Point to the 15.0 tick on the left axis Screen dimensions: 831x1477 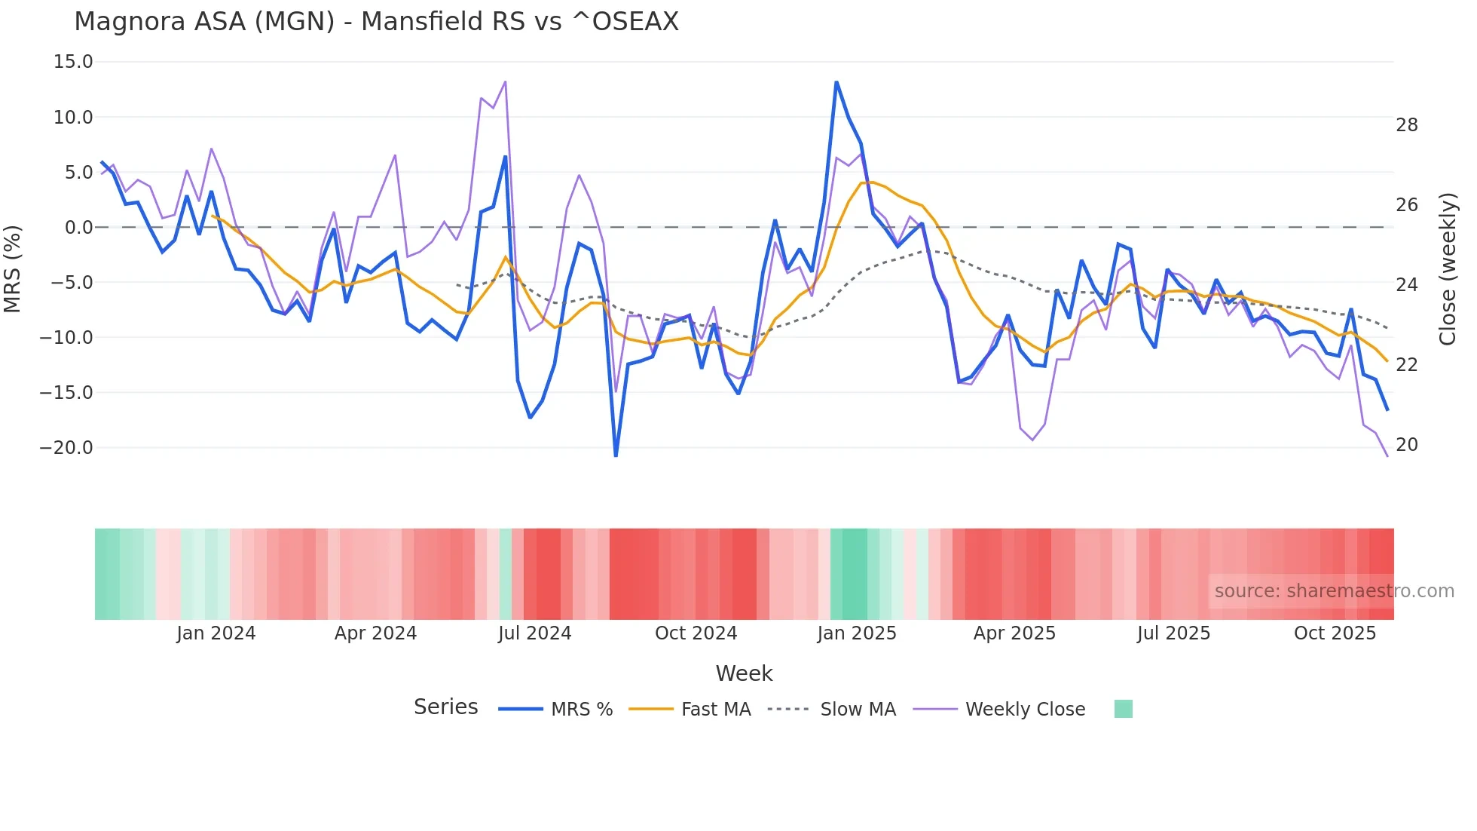(x=73, y=62)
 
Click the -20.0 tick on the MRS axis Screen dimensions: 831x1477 (x=66, y=448)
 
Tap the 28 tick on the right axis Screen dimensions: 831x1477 (x=1406, y=125)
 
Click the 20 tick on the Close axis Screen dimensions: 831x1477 (x=1406, y=445)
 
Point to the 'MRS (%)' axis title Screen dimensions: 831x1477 (x=13, y=268)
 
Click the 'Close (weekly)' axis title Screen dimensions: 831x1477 (x=1448, y=269)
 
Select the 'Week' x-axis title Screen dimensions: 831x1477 (x=744, y=673)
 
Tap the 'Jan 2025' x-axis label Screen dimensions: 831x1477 (x=857, y=633)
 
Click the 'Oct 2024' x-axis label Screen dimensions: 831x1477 (x=696, y=633)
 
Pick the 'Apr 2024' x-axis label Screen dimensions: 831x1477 (x=375, y=633)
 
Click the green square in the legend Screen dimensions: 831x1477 (x=1123, y=709)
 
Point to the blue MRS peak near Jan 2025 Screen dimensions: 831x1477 (x=836, y=82)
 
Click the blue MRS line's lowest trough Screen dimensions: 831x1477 (x=616, y=455)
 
